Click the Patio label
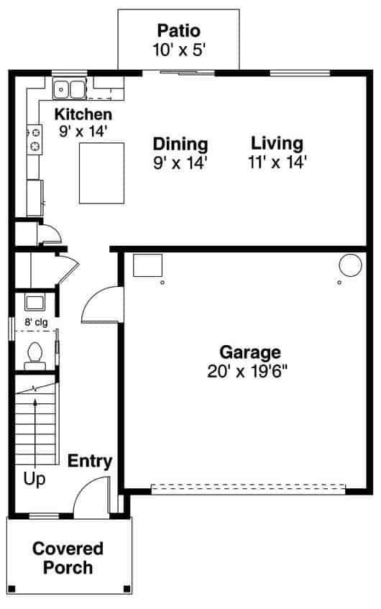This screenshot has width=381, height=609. click(178, 31)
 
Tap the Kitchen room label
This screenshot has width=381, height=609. click(83, 114)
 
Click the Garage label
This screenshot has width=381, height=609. click(249, 352)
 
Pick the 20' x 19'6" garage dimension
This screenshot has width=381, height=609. click(249, 371)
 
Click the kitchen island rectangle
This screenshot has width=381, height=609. click(101, 173)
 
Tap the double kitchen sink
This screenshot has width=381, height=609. click(70, 90)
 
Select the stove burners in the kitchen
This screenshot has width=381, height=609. click(34, 139)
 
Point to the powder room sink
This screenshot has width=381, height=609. click(35, 301)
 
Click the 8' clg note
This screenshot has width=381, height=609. click(35, 323)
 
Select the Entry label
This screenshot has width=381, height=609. click(90, 461)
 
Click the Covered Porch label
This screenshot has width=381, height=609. click(68, 558)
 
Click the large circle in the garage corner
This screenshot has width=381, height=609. click(350, 265)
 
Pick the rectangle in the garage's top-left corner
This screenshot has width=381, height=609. click(147, 266)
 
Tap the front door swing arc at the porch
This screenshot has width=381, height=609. click(91, 499)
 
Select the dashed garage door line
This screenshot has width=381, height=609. click(249, 489)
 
